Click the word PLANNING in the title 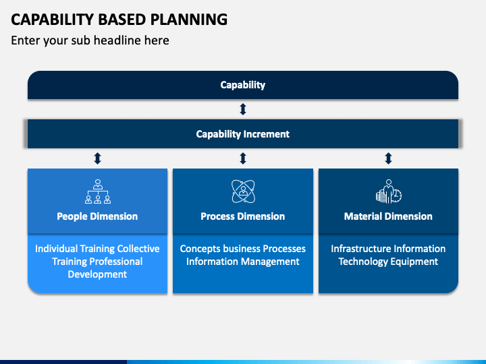[x=189, y=20]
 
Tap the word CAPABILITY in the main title [x=52, y=20]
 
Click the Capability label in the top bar [x=243, y=85]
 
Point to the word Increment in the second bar [x=266, y=134]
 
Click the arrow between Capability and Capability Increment [x=243, y=109]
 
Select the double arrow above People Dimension [x=97, y=158]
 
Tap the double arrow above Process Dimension [x=243, y=158]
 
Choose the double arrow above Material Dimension [x=388, y=158]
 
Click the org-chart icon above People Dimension [x=98, y=191]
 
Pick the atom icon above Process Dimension [x=243, y=191]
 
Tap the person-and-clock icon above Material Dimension [x=389, y=191]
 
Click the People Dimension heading [x=97, y=216]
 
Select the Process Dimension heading [x=243, y=216]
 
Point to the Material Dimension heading [x=388, y=216]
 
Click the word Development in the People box [x=97, y=274]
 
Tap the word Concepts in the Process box [x=200, y=249]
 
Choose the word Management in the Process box [x=269, y=262]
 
